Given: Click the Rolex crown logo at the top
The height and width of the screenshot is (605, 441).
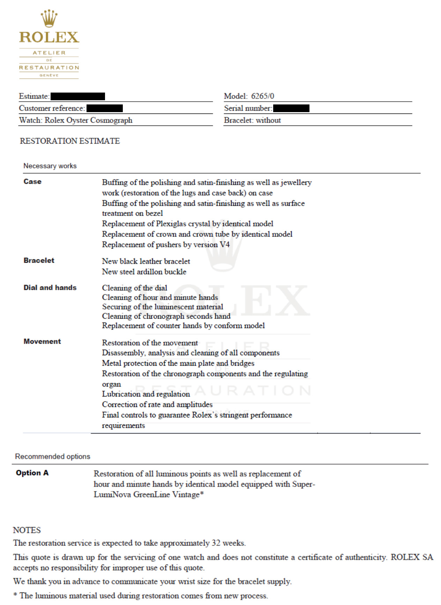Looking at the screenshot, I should [49, 18].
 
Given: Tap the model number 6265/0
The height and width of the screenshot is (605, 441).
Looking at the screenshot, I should [262, 96].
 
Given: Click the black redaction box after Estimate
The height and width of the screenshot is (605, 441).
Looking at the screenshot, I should [77, 96].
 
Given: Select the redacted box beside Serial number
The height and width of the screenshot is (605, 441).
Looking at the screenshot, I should [291, 108].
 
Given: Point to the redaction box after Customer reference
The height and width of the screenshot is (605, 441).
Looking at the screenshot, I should [104, 108].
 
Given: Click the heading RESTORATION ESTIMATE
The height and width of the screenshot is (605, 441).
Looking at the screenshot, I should [70, 141].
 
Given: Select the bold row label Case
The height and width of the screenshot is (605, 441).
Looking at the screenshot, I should [32, 182].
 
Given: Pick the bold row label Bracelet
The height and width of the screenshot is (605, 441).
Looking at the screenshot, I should [39, 260].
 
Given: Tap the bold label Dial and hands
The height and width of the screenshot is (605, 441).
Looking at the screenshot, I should [50, 287].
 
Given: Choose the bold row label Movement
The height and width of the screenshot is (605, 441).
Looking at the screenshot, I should [42, 341].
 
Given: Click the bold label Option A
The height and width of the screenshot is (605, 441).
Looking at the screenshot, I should [32, 473].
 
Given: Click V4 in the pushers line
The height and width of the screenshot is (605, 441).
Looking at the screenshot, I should [224, 245].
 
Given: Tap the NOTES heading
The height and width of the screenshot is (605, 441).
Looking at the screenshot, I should [27, 530].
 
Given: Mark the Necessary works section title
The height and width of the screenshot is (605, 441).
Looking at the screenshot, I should [50, 166].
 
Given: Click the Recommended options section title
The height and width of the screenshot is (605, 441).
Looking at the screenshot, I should [52, 457].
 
